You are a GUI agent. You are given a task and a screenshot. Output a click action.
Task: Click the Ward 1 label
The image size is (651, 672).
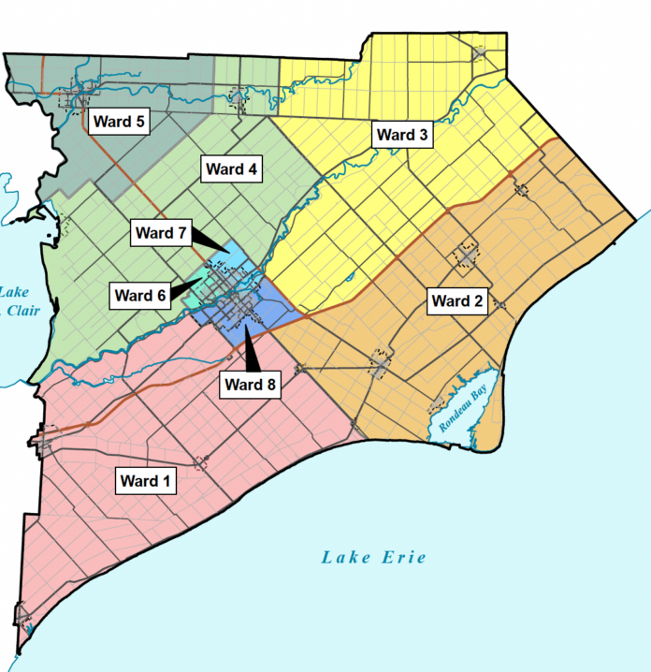pos(146,481)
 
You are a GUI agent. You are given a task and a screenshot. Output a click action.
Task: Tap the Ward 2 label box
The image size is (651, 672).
pos(456,300)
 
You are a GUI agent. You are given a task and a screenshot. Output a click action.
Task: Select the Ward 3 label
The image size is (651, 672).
pos(402,135)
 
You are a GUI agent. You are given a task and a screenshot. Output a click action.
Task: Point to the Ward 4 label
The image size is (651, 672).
pos(232,169)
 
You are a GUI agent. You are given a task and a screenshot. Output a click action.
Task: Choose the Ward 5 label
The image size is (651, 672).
pos(119,121)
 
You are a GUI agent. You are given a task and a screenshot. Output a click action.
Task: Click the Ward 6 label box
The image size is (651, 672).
pos(140,296)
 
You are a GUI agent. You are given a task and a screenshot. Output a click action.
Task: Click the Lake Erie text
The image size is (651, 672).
pos(374,558)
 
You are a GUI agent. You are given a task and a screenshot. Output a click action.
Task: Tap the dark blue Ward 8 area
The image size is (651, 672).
pos(267,314)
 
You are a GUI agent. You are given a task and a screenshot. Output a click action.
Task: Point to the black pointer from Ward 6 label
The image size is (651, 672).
pos(191,285)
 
